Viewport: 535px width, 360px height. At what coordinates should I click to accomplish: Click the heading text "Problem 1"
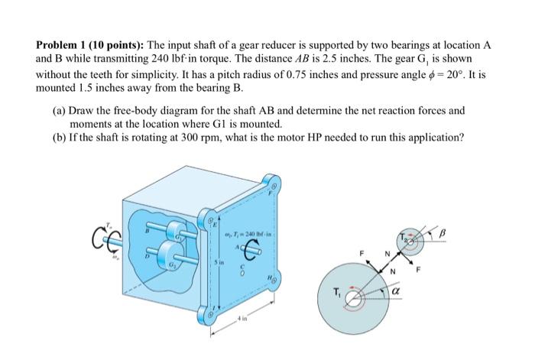63,44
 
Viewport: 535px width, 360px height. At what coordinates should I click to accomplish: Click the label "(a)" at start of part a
60,109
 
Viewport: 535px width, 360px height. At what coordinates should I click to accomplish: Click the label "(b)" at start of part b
60,138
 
